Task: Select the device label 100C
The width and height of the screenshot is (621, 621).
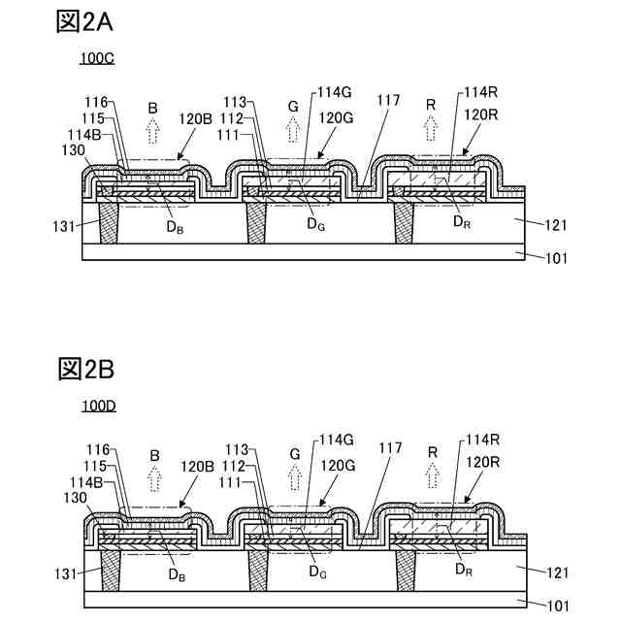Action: click(x=97, y=58)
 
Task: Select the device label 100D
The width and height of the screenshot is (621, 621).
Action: click(x=97, y=406)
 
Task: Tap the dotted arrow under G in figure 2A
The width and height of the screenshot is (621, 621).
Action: click(x=294, y=128)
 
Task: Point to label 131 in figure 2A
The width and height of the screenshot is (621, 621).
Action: click(x=65, y=226)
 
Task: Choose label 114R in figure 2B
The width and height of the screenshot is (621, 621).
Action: click(x=481, y=440)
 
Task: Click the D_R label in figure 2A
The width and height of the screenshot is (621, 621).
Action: click(x=462, y=222)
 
